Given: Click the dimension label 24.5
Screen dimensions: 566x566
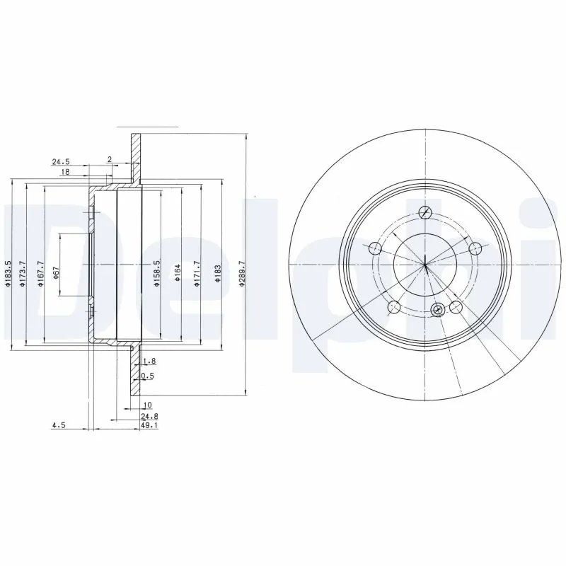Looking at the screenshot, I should pyautogui.click(x=60, y=161).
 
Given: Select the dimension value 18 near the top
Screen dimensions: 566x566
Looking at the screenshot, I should pyautogui.click(x=64, y=172).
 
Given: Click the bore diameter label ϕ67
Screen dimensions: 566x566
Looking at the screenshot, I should pyautogui.click(x=56, y=272).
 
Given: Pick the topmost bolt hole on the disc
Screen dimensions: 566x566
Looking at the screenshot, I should pyautogui.click(x=424, y=213).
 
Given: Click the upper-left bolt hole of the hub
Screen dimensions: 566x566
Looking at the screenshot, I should pyautogui.click(x=375, y=248).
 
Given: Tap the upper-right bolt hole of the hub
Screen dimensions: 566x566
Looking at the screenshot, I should pyautogui.click(x=475, y=247).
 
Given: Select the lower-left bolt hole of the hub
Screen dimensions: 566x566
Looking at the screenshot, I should pyautogui.click(x=395, y=306).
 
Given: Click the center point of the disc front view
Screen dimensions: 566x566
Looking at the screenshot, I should pyautogui.click(x=425, y=265).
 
